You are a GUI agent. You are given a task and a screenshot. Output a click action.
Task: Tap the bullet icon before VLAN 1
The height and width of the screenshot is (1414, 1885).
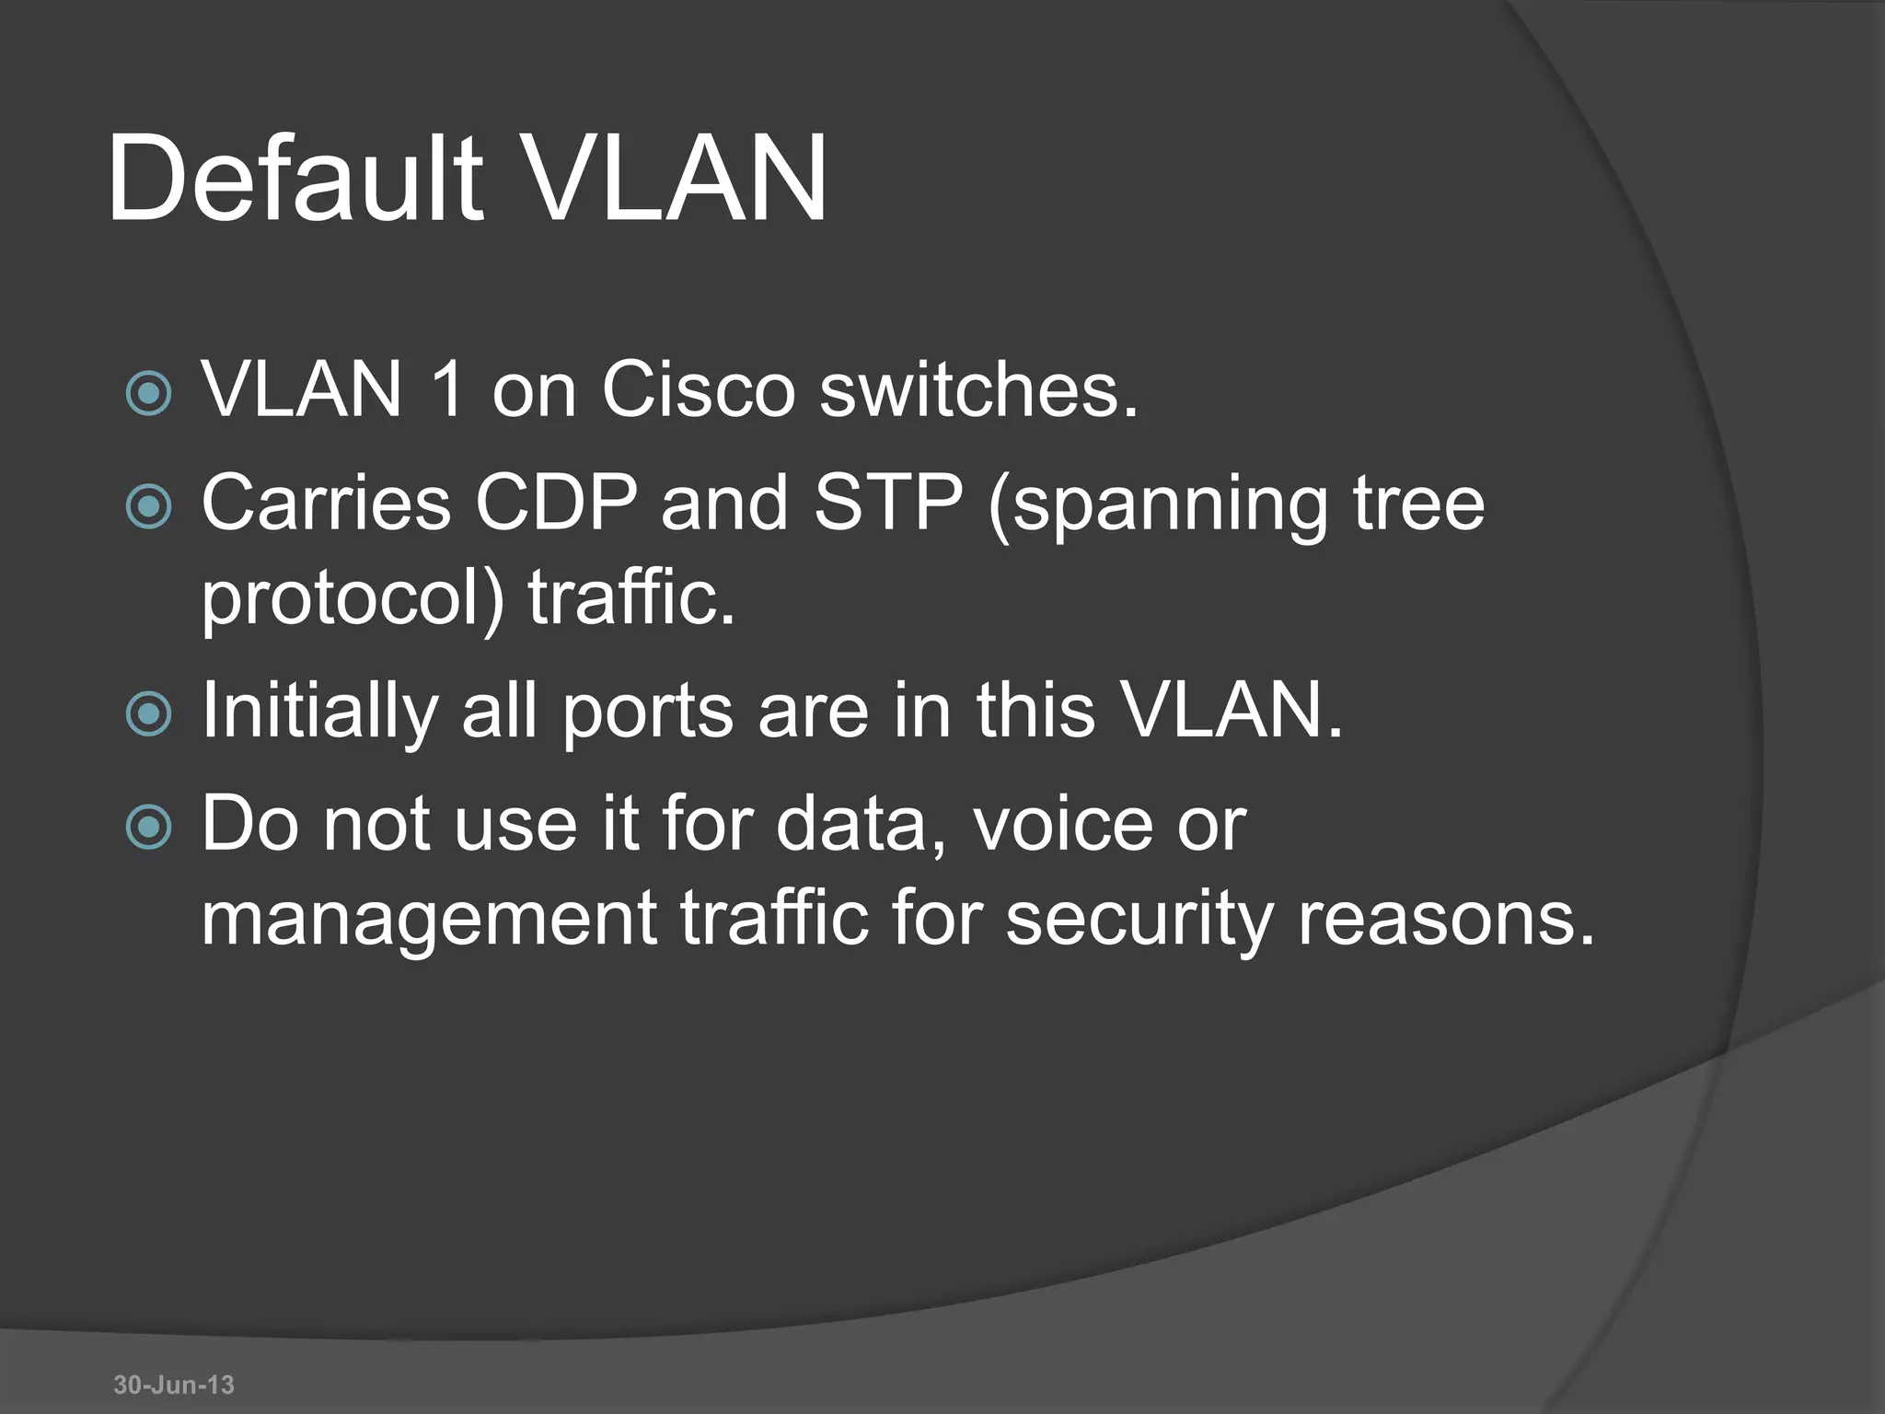(x=148, y=394)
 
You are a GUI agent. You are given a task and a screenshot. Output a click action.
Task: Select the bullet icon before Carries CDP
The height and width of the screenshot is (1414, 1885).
(x=148, y=506)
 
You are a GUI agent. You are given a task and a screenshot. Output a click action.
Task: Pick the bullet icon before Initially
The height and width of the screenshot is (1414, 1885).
(x=148, y=714)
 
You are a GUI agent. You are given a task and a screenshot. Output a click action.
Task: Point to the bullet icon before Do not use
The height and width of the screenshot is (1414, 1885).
(x=148, y=827)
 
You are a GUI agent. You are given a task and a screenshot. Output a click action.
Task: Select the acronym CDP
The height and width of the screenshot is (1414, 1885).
(x=556, y=503)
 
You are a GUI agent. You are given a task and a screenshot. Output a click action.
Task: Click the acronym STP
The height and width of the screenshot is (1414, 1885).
(x=887, y=503)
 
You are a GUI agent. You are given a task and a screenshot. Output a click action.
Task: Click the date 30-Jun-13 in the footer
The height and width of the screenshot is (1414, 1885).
(x=174, y=1385)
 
